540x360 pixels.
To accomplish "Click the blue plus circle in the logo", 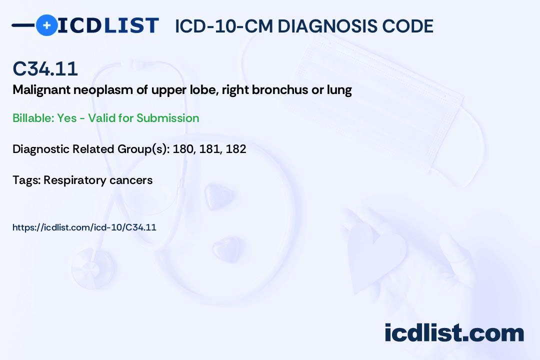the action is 46,25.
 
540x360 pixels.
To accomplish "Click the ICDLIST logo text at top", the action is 108,25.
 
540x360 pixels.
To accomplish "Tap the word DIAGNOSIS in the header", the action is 322,26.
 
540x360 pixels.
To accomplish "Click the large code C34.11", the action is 45,68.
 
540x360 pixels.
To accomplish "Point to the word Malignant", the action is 41,90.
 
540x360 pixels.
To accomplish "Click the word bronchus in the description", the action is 280,89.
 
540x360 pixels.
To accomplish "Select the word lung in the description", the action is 339,90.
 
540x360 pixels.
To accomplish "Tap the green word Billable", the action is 33,118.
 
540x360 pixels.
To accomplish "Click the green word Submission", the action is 167,118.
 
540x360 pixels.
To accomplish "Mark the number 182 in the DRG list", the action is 236,149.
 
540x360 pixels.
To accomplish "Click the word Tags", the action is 26,180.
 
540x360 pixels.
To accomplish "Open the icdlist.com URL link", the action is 84,227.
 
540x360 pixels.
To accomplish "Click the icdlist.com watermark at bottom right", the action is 454,332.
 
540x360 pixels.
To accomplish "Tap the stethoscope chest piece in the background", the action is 92,268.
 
